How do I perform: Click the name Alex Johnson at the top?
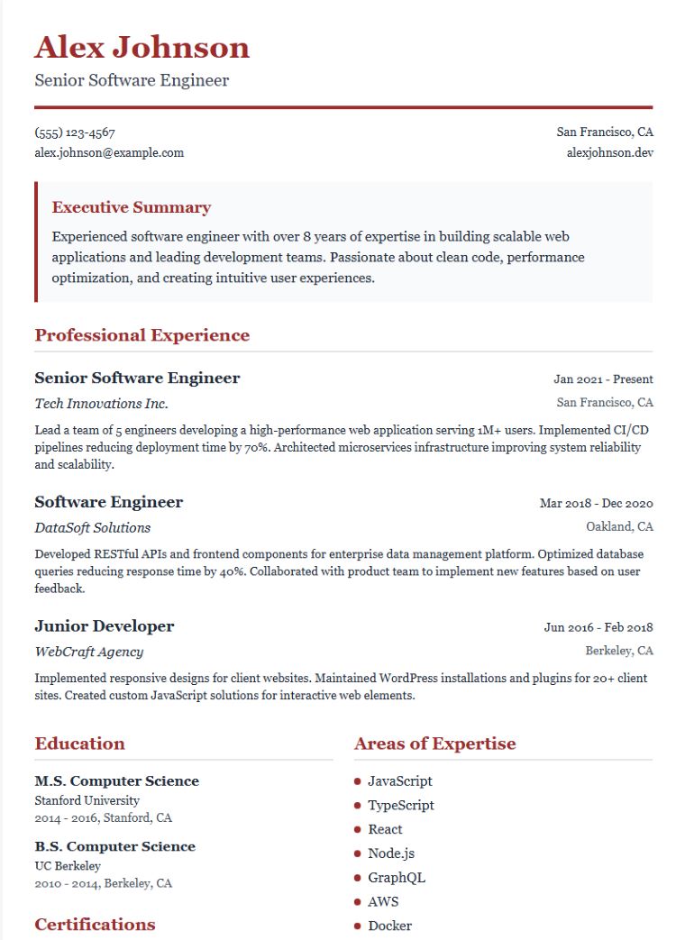click(142, 47)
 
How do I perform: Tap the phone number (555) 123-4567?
click(75, 132)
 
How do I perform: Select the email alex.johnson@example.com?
click(109, 152)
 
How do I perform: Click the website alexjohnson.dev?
click(609, 152)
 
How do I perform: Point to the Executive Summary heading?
click(132, 207)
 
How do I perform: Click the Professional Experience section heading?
click(142, 335)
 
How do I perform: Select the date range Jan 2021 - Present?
click(603, 379)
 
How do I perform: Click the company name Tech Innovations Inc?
click(101, 403)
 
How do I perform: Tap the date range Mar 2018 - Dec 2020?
click(596, 504)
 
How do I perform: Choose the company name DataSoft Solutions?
click(93, 527)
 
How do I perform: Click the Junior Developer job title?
click(105, 626)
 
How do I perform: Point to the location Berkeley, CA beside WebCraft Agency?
click(619, 651)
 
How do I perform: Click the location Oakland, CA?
click(619, 526)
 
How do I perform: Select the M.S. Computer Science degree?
click(117, 781)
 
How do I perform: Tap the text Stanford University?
click(87, 800)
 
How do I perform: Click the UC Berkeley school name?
click(68, 865)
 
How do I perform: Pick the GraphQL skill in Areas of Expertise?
click(397, 878)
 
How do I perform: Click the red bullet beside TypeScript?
click(358, 806)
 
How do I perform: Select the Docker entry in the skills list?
click(389, 926)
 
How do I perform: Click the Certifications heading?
click(95, 925)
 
